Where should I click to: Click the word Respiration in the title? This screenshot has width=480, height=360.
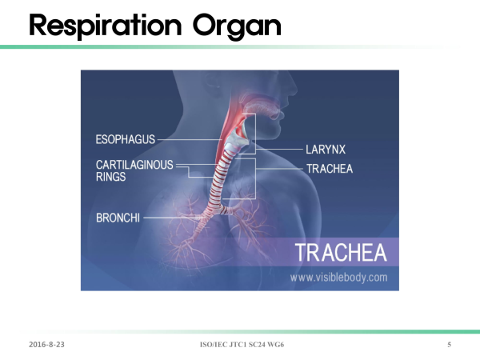point(106,26)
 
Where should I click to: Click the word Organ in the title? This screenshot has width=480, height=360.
point(237,27)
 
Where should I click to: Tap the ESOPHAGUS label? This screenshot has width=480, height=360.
point(126,139)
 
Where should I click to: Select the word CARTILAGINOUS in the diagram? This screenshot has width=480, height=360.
point(134,165)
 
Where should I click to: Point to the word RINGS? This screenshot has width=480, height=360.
point(110,177)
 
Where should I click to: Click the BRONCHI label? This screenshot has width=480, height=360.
point(118,218)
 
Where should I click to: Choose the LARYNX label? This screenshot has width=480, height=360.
point(326,150)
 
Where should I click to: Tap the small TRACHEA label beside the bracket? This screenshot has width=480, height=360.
point(330,169)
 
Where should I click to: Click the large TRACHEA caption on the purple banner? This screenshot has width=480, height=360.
point(341,253)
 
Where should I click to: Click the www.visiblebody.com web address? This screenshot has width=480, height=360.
point(339,278)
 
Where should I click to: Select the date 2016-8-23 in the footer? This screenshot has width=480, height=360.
point(46,344)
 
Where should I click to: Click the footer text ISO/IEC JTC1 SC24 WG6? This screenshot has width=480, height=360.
point(242,344)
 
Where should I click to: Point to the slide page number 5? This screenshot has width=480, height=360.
point(449,344)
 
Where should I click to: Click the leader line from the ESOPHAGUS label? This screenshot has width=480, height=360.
point(190,139)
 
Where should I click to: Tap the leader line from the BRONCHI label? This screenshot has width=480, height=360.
point(174,218)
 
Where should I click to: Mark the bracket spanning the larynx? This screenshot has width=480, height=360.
point(255,133)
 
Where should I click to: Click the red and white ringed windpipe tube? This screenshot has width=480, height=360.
point(221,181)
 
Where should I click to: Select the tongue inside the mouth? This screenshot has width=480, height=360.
point(260,108)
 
